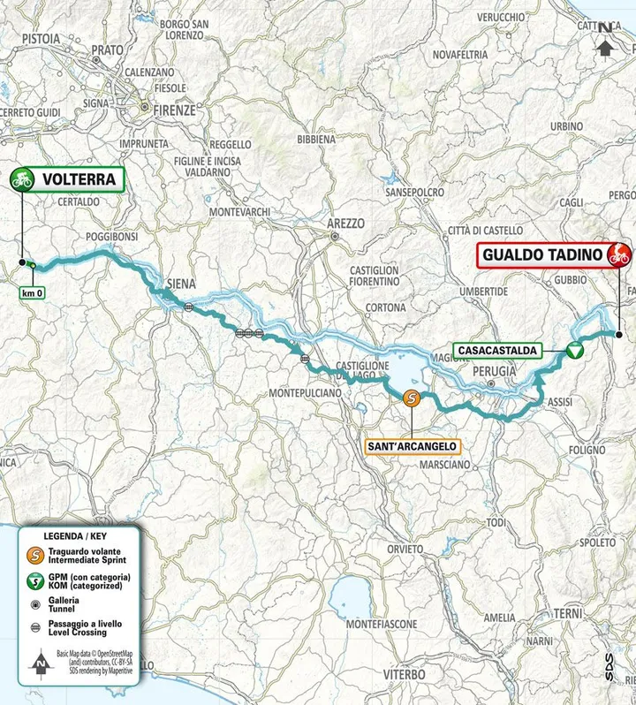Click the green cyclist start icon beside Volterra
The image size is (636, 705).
(21, 179)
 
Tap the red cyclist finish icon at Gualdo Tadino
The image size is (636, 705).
(619, 256)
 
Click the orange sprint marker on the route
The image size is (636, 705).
(412, 398)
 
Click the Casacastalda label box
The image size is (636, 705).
(497, 351)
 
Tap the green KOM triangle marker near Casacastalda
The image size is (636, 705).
(573, 351)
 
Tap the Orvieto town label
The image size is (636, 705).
(405, 550)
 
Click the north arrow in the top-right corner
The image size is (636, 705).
(605, 37)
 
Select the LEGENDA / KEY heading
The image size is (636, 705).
(77, 536)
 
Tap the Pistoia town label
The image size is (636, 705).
(34, 39)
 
